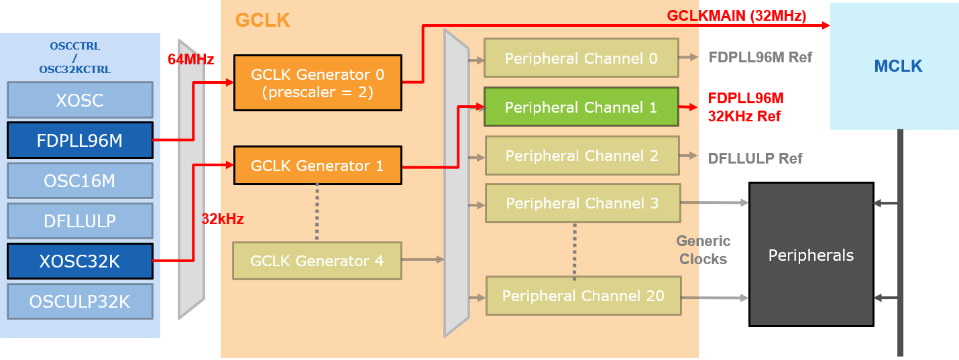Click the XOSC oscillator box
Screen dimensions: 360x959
click(80, 100)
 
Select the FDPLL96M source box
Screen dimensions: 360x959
click(80, 140)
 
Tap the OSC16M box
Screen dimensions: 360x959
click(80, 180)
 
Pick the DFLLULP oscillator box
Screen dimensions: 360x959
click(80, 221)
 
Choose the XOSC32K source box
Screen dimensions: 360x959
click(80, 261)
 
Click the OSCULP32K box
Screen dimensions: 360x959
click(80, 302)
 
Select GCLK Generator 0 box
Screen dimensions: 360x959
click(317, 82)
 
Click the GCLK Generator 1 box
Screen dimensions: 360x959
click(317, 166)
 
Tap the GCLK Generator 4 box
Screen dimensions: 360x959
click(317, 261)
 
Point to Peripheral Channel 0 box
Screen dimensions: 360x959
click(581, 58)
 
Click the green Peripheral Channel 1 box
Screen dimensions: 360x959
click(581, 107)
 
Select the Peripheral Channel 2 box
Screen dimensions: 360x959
click(581, 156)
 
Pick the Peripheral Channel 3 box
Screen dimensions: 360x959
click(582, 203)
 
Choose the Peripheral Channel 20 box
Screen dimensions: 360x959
click(583, 296)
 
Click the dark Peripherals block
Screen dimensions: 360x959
click(811, 255)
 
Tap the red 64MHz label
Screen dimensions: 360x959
click(191, 60)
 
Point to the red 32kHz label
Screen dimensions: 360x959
click(223, 219)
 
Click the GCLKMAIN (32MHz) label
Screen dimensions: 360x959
click(736, 16)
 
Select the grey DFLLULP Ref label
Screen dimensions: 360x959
click(755, 159)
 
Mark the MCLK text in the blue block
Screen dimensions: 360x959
click(898, 66)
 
